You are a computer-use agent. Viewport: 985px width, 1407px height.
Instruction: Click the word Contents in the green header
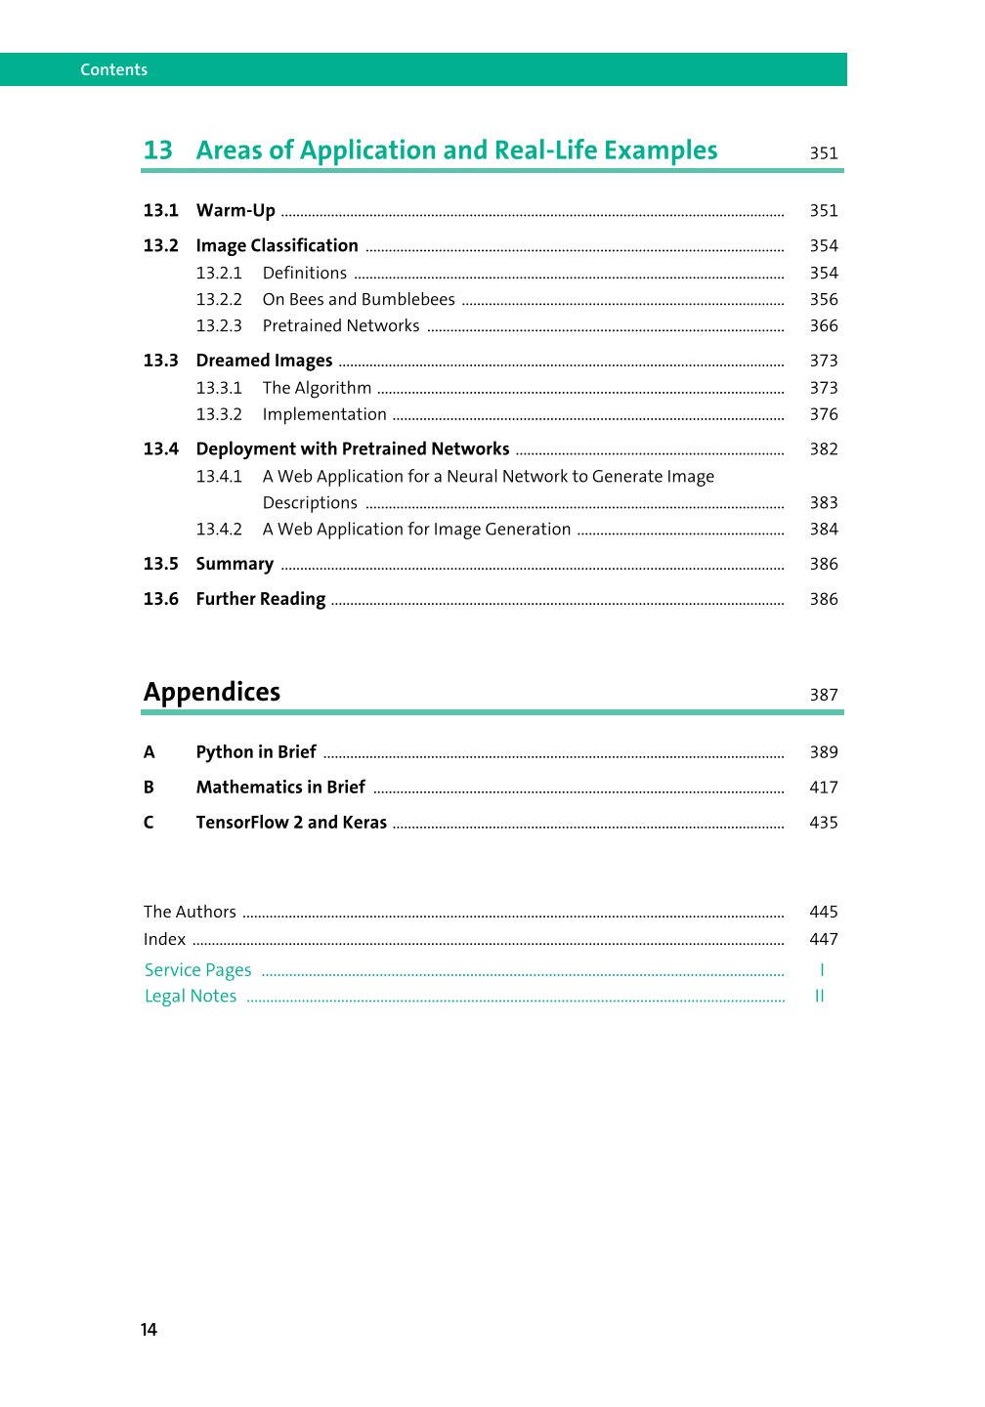pos(113,69)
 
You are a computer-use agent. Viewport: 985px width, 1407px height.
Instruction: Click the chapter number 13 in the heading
pos(157,150)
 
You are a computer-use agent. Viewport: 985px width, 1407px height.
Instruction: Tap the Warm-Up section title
pos(236,211)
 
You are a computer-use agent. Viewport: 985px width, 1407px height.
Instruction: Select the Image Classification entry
pos(277,246)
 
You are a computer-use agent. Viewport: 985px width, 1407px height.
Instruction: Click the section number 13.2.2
pos(219,300)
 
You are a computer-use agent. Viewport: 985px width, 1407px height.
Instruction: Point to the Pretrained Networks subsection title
pos(341,326)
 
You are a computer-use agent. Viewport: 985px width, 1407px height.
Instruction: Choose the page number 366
pos(823,326)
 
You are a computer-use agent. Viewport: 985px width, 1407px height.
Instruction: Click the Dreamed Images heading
pos(264,362)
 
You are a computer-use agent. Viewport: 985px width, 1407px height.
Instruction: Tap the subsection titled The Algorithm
pos(317,388)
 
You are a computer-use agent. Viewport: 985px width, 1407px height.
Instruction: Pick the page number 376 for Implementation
pos(823,414)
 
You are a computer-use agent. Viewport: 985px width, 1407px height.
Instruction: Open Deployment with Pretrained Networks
pos(353,449)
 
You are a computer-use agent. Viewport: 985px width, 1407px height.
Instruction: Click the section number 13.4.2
pos(219,530)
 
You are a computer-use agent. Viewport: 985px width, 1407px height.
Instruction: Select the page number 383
pos(823,503)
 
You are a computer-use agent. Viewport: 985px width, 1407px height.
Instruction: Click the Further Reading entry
pos(260,600)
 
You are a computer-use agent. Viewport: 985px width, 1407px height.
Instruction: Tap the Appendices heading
pos(212,692)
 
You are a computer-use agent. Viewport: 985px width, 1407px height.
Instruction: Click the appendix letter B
pos(149,788)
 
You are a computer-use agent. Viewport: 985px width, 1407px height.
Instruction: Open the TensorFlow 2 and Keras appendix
pos(291,823)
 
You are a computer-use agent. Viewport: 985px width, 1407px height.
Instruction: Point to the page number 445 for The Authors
pos(823,912)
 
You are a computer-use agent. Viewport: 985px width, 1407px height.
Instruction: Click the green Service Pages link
pos(197,970)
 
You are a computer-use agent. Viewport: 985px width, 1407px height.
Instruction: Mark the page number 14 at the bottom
pos(149,1330)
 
